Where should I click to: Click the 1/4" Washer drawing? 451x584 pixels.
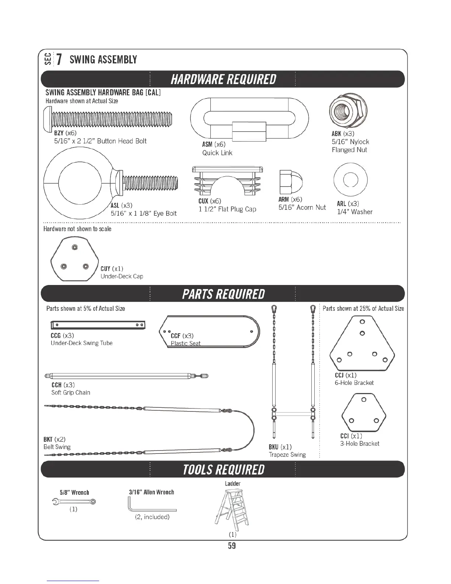350,180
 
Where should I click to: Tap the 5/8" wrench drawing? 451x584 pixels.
74,501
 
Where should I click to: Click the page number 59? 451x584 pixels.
232,546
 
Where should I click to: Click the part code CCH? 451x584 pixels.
56,385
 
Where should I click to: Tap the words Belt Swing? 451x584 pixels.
57,447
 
